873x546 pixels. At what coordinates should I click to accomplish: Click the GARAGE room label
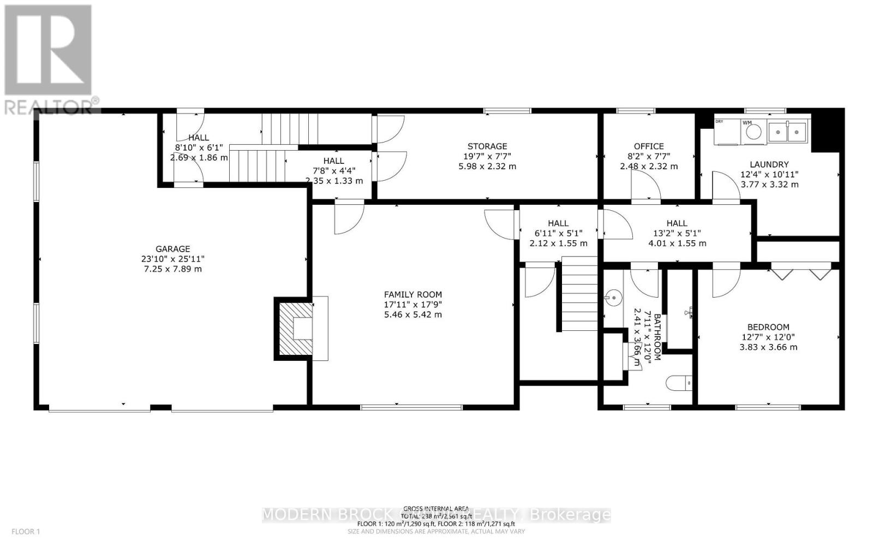(x=172, y=249)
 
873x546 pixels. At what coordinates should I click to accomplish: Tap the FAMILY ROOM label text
(x=412, y=294)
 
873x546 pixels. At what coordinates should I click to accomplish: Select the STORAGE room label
(x=487, y=146)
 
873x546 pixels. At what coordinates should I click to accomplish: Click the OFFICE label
(x=649, y=146)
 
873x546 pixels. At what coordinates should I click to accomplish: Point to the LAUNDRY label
(x=769, y=164)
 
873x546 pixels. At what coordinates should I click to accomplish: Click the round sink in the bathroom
(x=614, y=298)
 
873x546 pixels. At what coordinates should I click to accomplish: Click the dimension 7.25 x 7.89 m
(x=172, y=269)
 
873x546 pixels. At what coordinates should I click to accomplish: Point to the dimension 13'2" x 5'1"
(x=677, y=233)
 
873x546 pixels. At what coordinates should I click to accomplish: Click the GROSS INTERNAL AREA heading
(x=436, y=508)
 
